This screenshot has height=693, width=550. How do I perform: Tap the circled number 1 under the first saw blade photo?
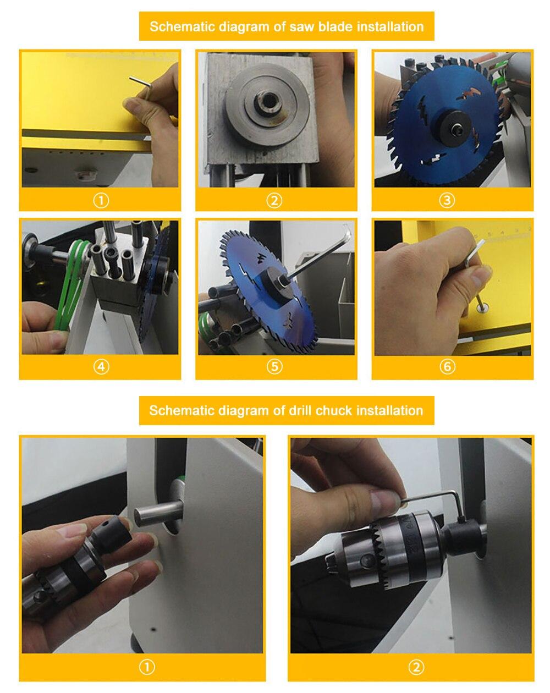(x=101, y=201)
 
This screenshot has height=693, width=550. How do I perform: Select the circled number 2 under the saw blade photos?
(x=274, y=201)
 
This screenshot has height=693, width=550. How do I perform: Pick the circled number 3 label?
(x=447, y=201)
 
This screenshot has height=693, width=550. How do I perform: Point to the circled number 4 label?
(x=101, y=367)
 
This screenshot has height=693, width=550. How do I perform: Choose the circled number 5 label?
(x=274, y=367)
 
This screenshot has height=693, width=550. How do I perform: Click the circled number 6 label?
(x=447, y=367)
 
